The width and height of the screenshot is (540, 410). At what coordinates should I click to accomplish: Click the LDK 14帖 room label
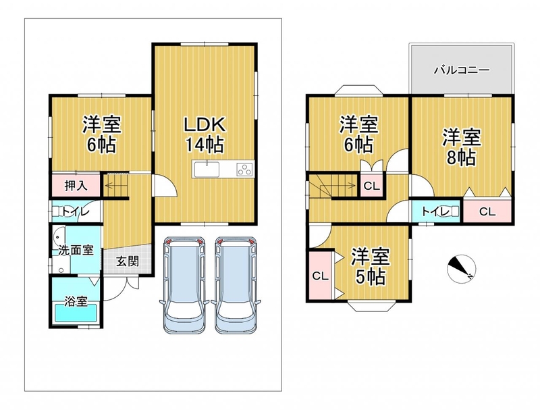coord(205,134)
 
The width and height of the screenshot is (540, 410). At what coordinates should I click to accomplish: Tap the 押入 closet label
coord(76,186)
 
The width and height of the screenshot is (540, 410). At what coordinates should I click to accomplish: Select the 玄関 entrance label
coord(128,261)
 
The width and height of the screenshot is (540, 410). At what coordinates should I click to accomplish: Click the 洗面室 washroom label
coord(76,249)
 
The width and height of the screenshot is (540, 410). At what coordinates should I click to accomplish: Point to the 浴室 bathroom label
coord(76,301)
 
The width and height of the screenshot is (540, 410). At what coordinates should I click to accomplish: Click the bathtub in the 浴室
coord(76,313)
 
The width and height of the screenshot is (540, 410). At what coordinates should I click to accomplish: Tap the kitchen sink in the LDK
coord(207,170)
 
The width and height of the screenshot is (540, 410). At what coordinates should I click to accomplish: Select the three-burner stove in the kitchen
coord(245,170)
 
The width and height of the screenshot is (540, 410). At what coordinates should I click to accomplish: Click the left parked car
coord(184,285)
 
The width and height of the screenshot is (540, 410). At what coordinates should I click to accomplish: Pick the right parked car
coord(236,285)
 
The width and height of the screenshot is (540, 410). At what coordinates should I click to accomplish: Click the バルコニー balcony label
coord(462,71)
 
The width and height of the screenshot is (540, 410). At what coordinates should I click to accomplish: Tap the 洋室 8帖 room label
coord(462,147)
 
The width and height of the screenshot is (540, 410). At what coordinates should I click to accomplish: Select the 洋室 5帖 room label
coord(370,266)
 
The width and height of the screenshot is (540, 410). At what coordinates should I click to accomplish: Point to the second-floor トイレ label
coord(435,211)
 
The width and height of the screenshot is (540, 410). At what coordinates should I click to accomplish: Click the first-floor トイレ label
coord(76,211)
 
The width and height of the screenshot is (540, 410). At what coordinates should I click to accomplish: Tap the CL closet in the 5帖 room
coord(321,276)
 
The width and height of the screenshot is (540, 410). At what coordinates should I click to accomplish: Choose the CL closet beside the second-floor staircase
coord(372,186)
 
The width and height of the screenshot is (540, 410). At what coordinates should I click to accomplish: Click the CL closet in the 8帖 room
coord(487,211)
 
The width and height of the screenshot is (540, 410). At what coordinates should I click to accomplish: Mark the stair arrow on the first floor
coord(115,186)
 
